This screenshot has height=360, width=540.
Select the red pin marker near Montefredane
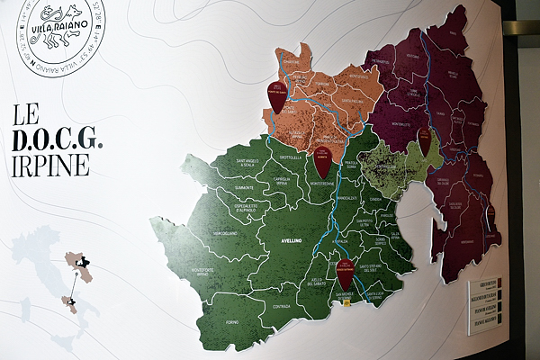point(322,162)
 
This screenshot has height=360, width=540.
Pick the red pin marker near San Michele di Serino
point(345,271)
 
